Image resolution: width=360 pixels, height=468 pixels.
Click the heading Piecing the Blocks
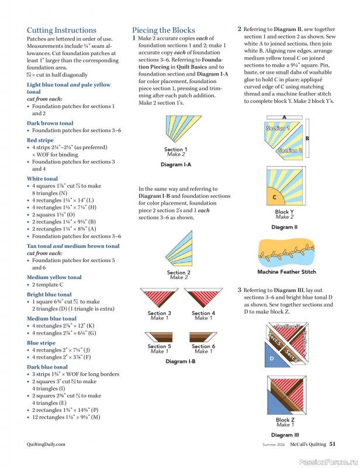[163, 30]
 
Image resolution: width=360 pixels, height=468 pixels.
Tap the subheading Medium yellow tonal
[54, 277]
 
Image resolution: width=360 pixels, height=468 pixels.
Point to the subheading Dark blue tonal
[47, 367]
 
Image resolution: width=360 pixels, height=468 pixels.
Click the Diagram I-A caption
[176, 165]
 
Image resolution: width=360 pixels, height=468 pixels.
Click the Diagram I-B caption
[180, 361]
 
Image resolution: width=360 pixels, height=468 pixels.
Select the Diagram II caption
[285, 227]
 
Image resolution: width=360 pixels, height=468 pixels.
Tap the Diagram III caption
[285, 435]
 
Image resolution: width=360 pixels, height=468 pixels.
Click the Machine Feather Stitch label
[286, 271]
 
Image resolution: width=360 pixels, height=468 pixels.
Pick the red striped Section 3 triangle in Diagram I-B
[159, 297]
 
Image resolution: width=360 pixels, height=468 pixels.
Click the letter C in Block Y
[275, 197]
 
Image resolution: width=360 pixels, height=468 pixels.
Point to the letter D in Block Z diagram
[271, 358]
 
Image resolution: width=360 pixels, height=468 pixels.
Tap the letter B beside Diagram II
[307, 138]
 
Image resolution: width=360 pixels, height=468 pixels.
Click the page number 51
[332, 445]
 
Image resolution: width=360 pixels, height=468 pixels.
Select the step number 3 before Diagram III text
[240, 290]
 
